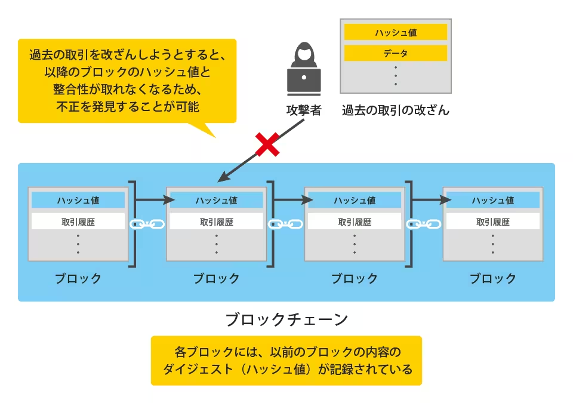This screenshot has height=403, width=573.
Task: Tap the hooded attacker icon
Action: [304, 69]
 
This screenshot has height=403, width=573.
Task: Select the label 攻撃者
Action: [304, 110]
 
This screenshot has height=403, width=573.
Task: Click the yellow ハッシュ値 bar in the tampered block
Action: [396, 33]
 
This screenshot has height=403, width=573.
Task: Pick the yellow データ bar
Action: [396, 53]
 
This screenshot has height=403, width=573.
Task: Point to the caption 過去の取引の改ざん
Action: [396, 110]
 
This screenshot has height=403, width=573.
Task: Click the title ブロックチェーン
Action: [286, 319]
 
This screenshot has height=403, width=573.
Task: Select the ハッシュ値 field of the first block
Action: [78, 200]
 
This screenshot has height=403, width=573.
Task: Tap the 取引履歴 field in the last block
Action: [493, 222]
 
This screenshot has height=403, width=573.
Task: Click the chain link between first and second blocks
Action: [147, 224]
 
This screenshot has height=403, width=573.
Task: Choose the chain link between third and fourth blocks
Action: [424, 224]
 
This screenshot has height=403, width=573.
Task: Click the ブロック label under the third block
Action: [355, 279]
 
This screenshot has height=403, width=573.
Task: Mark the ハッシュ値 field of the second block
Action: [216, 200]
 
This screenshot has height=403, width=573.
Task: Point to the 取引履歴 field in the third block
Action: [355, 222]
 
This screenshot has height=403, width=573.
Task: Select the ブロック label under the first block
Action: [78, 279]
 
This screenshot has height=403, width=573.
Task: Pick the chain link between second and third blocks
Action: [285, 224]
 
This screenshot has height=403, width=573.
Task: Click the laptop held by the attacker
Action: [304, 81]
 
